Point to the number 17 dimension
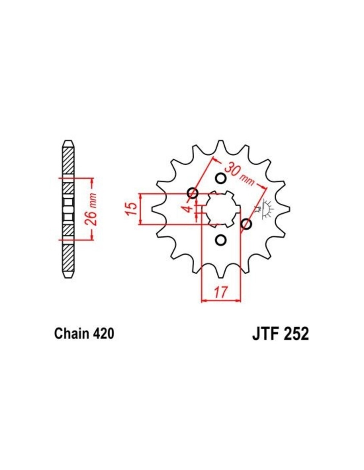(x=221, y=292)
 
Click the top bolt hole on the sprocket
(x=221, y=178)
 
